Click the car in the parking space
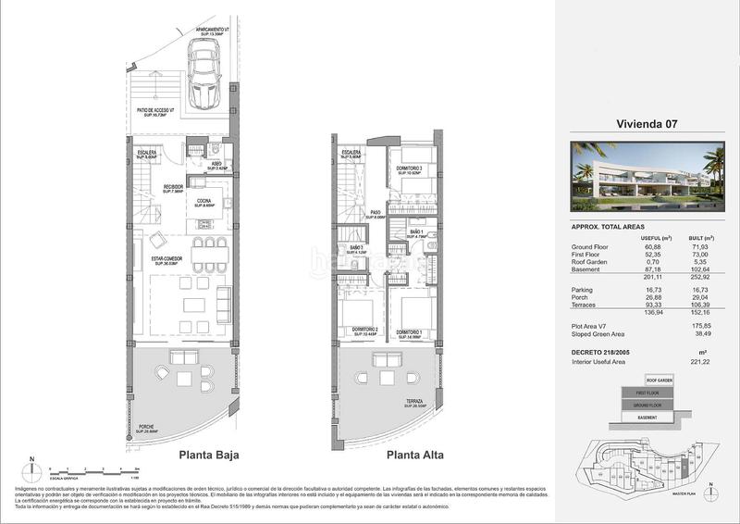pos(203,78)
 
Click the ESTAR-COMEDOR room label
pos(171,261)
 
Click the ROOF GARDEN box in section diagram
pos(659,381)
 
